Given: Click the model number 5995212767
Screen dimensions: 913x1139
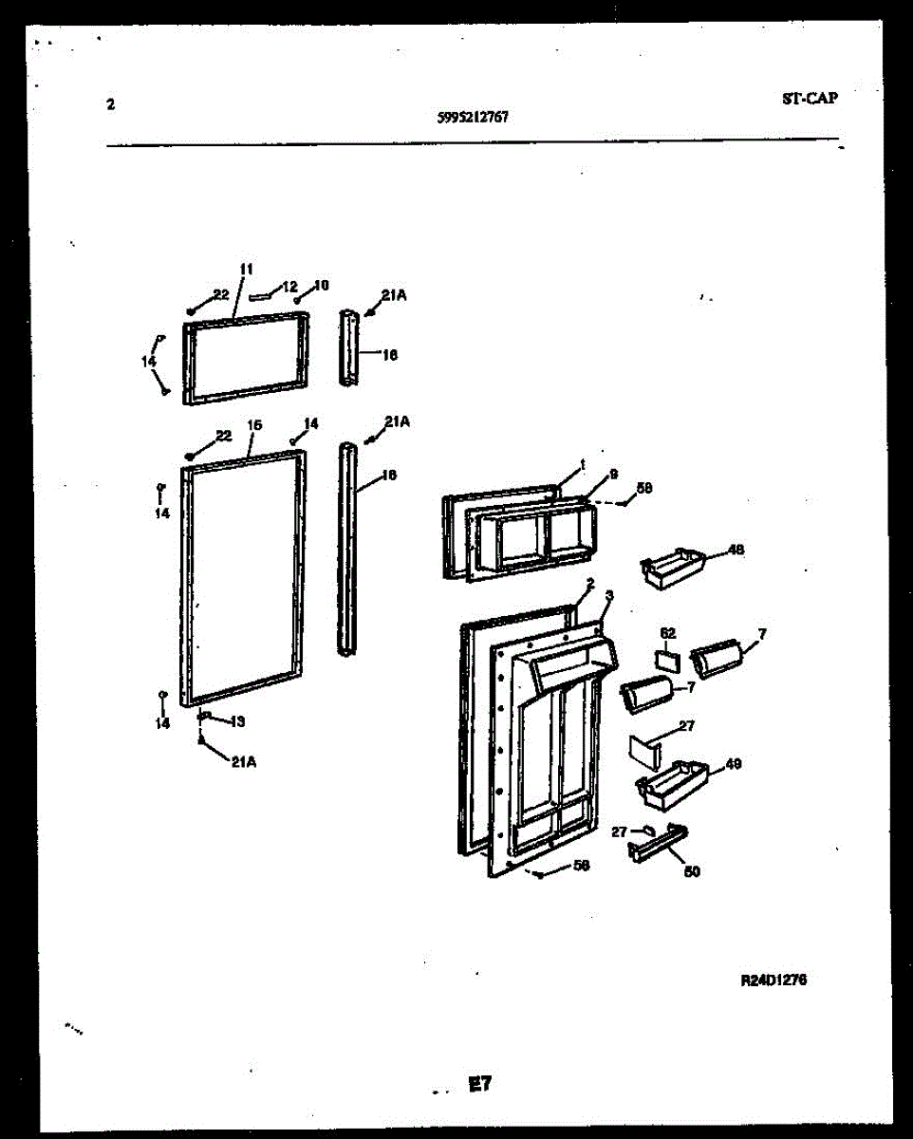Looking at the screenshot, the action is pyautogui.click(x=473, y=118).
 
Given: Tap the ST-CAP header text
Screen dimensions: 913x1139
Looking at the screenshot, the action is pyautogui.click(x=810, y=97).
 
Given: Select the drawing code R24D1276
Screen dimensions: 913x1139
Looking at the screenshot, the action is pyautogui.click(x=773, y=980).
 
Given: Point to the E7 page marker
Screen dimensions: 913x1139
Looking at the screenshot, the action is pyautogui.click(x=479, y=1083).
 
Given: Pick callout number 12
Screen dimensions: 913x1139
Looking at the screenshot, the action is pyautogui.click(x=290, y=286).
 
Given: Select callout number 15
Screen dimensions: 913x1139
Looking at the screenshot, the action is pyautogui.click(x=253, y=426).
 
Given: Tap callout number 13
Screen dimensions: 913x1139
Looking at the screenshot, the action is pyautogui.click(x=237, y=721).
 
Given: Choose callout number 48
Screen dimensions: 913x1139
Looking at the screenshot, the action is pyautogui.click(x=735, y=549).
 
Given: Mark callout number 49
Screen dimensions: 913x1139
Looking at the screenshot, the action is pyautogui.click(x=733, y=763).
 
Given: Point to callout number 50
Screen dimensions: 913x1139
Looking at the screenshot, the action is pyautogui.click(x=692, y=870).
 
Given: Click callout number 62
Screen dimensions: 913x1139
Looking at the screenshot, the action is pyautogui.click(x=667, y=632).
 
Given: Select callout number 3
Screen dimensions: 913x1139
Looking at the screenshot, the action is pyautogui.click(x=608, y=595).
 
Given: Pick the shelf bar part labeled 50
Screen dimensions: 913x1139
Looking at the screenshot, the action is pyautogui.click(x=657, y=842).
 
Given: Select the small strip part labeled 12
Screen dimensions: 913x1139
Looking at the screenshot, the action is pyautogui.click(x=262, y=295).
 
